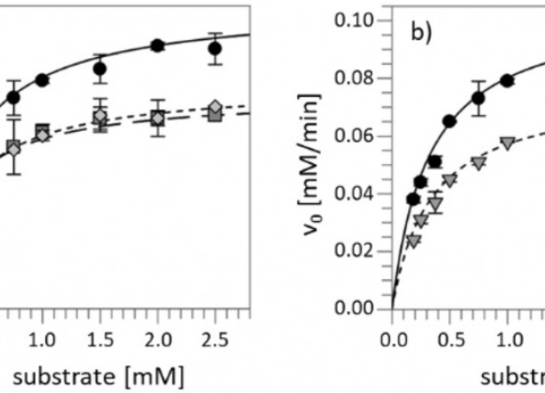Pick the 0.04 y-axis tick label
pos(356,193)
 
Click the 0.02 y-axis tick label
pos(356,251)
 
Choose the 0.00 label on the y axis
pos(356,308)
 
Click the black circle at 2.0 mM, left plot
pos(158,45)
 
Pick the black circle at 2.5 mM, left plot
pos(215,48)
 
